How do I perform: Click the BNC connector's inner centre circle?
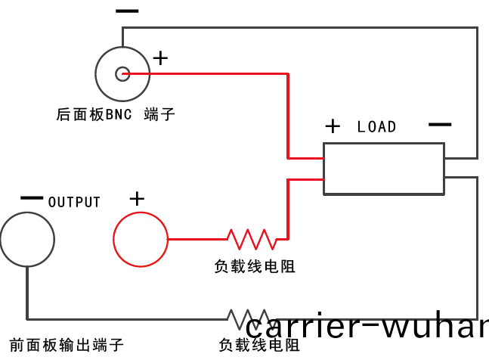point(122,73)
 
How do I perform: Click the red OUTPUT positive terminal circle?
point(140,239)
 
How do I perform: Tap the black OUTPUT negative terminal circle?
point(27,239)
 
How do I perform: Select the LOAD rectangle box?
point(383,169)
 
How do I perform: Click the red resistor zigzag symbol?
point(252,239)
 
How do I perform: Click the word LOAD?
point(376,127)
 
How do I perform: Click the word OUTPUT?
point(74,203)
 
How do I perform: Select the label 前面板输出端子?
point(67,345)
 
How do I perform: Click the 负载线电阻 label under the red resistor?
point(254,266)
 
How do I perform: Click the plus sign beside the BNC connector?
point(161,57)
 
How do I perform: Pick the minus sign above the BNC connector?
point(127,11)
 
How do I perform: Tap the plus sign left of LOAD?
point(333,126)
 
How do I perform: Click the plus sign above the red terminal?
point(137,199)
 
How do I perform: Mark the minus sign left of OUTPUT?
point(32,198)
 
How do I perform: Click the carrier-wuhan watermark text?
point(367,328)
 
